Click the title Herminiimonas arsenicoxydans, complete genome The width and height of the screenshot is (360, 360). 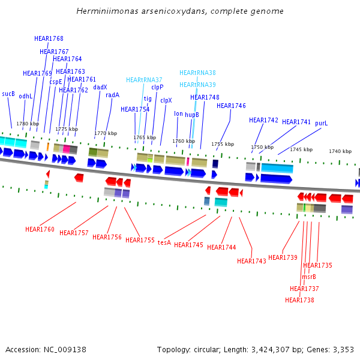tap(180, 11)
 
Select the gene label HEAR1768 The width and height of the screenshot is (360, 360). tap(49, 38)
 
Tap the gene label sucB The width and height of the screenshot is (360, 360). tap(8, 94)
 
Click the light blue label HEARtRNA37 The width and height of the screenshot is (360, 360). tap(144, 80)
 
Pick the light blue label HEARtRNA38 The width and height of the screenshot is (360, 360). tap(197, 73)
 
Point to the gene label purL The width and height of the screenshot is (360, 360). tap(322, 123)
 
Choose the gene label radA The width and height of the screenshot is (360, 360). tap(112, 95)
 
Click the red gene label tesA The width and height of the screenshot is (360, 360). tap(164, 242)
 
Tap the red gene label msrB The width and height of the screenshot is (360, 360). tap(309, 277)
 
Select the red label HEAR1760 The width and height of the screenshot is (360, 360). tap(40, 229)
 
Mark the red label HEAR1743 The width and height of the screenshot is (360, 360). tap(251, 261)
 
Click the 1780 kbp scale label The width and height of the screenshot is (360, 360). tap(28, 124)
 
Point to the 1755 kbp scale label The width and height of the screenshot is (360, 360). tap(223, 144)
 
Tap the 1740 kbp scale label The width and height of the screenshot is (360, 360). tap(340, 151)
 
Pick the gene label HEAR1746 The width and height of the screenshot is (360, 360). tap(231, 106)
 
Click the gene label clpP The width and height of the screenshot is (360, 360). tap(157, 87)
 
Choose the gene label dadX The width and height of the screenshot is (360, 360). tap(100, 87)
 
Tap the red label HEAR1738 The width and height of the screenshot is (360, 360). tap(299, 300)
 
